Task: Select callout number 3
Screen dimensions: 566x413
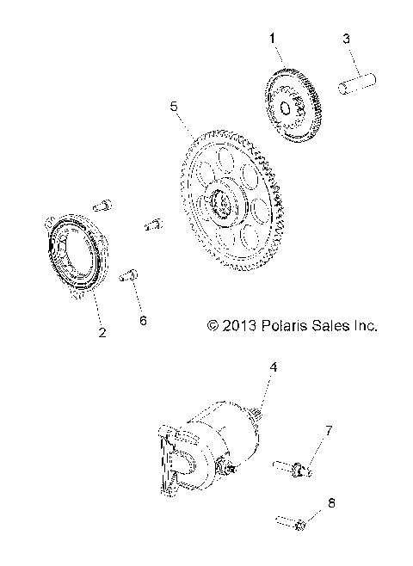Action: (x=346, y=39)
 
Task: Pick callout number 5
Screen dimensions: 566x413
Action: (x=174, y=107)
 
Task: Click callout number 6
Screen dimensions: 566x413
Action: (x=143, y=320)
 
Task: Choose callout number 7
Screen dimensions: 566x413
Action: (x=328, y=429)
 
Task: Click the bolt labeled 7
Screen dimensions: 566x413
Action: (x=292, y=468)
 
